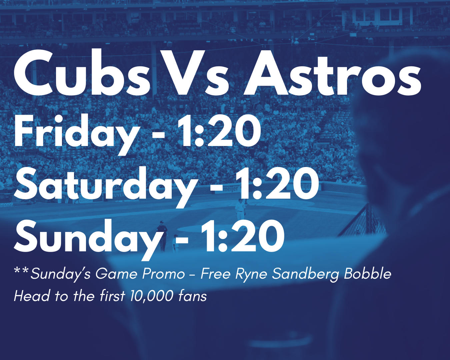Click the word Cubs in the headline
[x=82, y=73]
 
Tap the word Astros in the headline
[x=332, y=73]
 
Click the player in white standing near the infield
[x=240, y=209]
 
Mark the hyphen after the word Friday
[x=158, y=136]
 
